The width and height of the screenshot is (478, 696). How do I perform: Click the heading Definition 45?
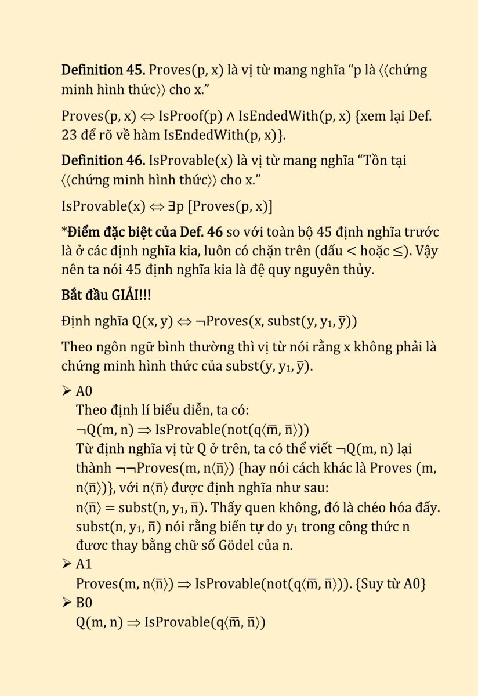(103, 71)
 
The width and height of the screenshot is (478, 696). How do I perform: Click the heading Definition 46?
(103, 161)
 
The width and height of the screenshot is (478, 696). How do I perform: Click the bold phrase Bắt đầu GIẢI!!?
(106, 295)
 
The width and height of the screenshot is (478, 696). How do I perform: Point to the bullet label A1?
(84, 564)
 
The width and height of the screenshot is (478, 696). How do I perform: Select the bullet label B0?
(84, 603)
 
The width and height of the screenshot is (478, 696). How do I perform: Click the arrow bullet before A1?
(66, 564)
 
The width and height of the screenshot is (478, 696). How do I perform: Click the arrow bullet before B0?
(66, 603)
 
